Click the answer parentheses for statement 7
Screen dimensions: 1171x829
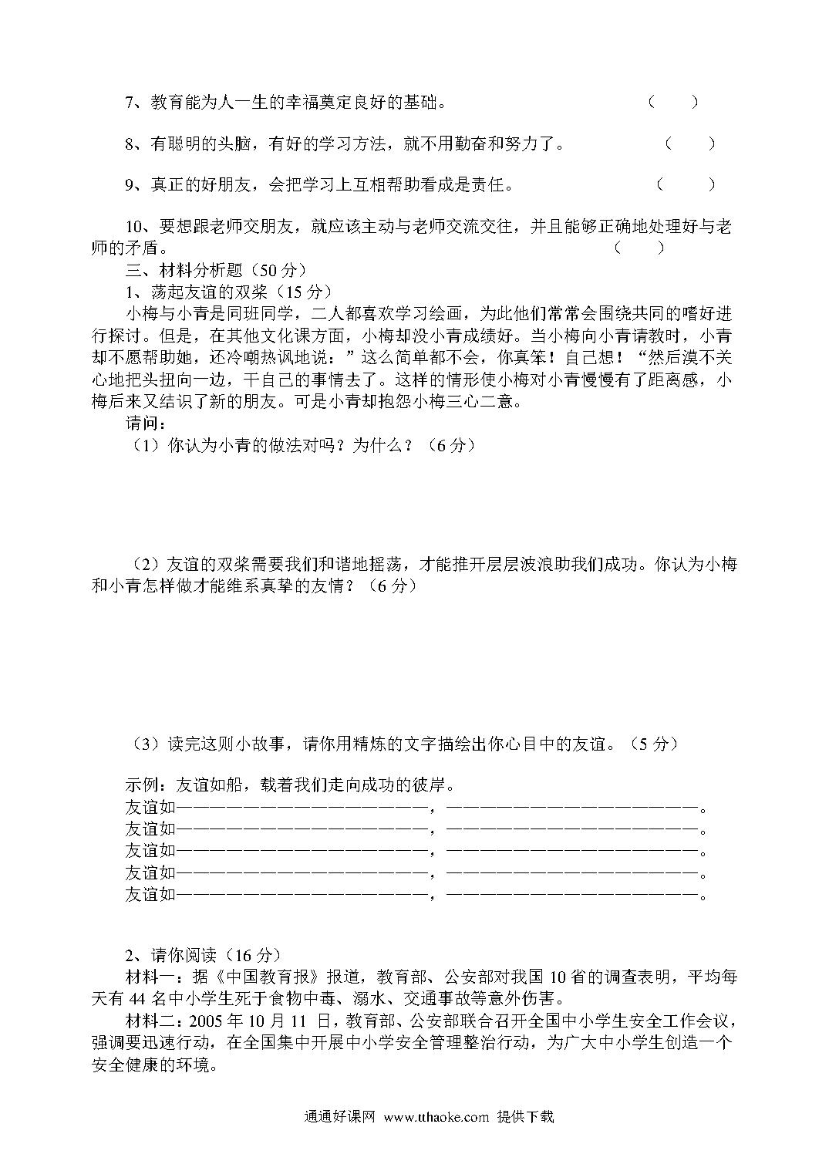click(673, 102)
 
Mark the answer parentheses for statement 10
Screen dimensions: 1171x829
click(639, 248)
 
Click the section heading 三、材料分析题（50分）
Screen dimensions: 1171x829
click(217, 270)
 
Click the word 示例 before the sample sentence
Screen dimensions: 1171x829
click(144, 786)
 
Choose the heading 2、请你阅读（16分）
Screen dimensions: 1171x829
click(203, 954)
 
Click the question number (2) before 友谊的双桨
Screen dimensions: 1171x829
click(147, 565)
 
